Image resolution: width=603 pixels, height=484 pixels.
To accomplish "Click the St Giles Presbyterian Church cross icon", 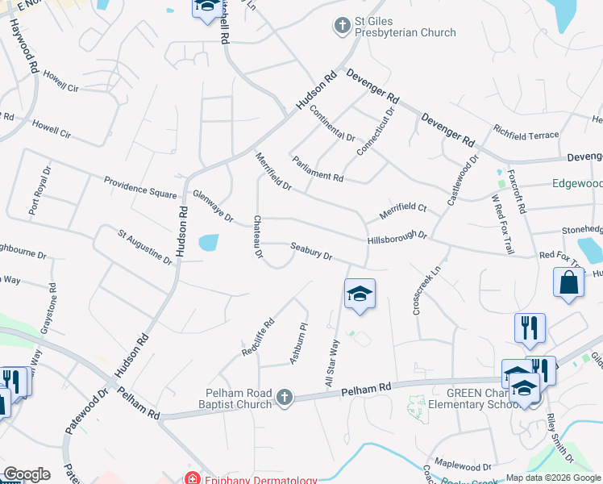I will point(342,26).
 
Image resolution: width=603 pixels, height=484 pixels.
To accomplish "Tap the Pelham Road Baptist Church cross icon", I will point(284,397).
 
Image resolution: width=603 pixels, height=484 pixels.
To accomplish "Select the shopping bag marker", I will point(569,283).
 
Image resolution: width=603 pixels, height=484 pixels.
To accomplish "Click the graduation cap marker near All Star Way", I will point(360,294).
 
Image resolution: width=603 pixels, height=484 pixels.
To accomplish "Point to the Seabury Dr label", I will point(311,252).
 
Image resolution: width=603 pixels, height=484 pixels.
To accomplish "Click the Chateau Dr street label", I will point(258,236).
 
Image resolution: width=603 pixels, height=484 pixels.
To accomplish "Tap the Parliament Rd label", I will point(318,169).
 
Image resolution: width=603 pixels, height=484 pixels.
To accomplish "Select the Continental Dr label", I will point(331,124).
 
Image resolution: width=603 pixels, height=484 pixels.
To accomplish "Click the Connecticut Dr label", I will point(376,131).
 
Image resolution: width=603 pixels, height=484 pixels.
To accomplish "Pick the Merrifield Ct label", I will point(403,213).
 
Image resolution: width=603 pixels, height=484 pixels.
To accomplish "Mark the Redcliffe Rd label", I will point(258,337).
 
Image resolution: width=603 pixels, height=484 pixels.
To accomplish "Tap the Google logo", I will point(27,474).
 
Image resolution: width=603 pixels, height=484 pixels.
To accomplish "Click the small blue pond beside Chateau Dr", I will point(207,242).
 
